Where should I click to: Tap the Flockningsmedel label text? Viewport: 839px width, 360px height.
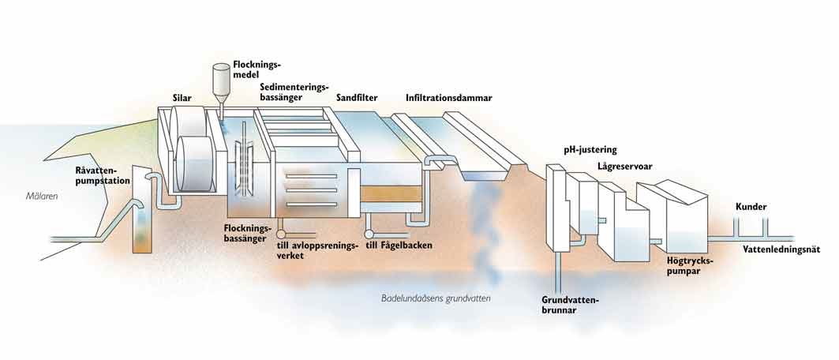tap(257, 69)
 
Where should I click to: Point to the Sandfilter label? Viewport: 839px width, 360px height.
tap(357, 98)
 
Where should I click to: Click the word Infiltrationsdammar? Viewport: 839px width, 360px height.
tap(448, 98)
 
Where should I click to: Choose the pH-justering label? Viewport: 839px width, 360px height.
tap(590, 148)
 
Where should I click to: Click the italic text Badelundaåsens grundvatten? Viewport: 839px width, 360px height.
tap(436, 298)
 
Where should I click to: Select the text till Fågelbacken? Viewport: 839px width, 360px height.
tap(404, 245)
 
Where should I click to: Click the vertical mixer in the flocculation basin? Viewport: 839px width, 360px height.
tap(246, 156)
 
